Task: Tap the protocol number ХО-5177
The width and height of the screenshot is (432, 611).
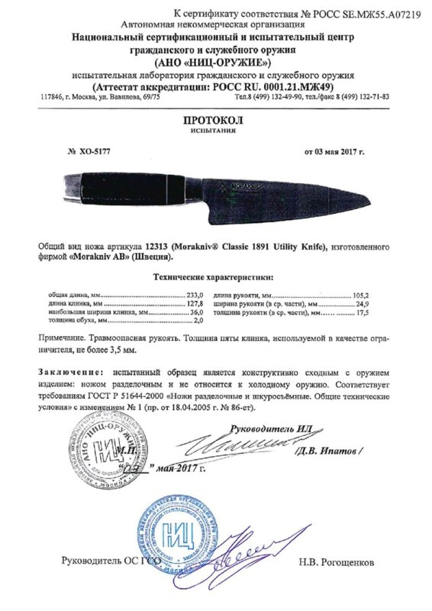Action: [x=91, y=152]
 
